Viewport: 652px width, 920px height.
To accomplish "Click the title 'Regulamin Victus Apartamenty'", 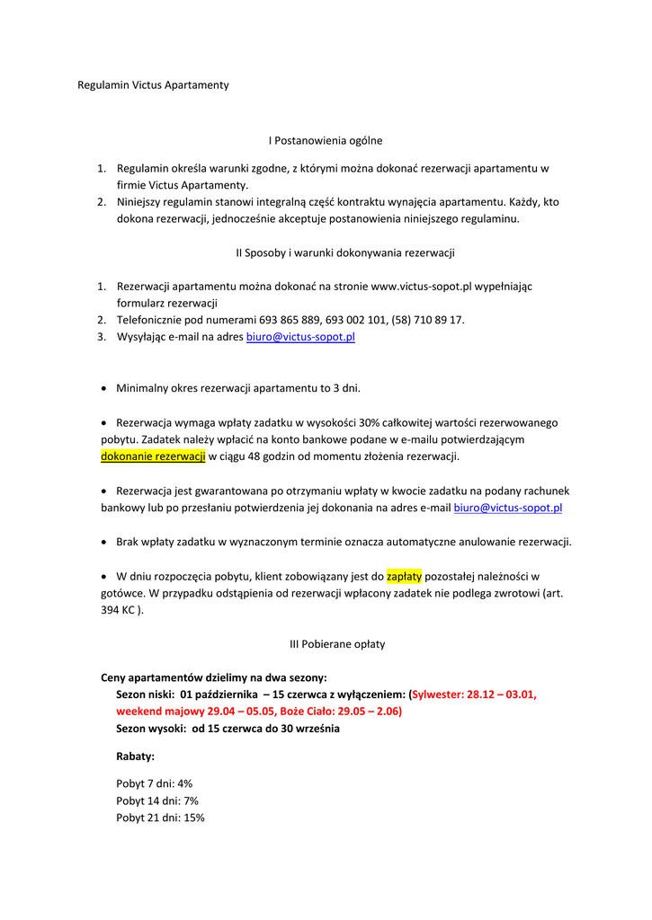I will (x=153, y=85).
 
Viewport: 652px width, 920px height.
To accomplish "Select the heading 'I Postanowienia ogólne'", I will (x=326, y=140).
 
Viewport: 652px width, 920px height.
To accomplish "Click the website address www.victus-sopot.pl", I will (x=422, y=287).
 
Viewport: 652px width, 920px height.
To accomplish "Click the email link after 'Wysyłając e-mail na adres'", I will (x=300, y=338).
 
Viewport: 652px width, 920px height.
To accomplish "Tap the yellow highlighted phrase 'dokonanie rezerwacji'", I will (x=153, y=456).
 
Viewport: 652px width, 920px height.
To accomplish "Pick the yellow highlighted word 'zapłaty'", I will (x=404, y=577).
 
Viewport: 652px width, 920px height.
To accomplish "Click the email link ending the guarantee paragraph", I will (x=508, y=509).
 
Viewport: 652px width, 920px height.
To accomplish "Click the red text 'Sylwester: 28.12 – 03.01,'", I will (x=474, y=694).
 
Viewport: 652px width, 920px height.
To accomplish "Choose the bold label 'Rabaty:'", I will (x=135, y=756).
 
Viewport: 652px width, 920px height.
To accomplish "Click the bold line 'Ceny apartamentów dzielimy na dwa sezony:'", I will (x=213, y=677).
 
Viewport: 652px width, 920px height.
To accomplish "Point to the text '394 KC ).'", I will (x=121, y=611).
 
